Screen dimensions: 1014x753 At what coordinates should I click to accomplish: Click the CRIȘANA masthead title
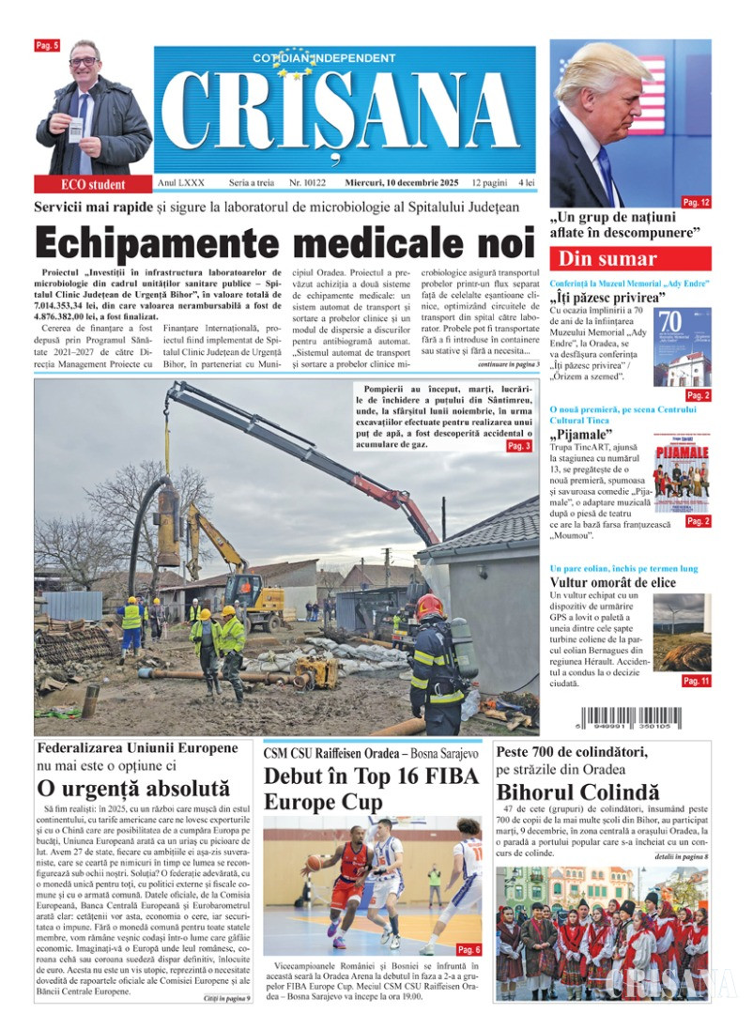pos(346,115)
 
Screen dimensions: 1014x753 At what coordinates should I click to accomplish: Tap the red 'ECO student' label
pos(93,184)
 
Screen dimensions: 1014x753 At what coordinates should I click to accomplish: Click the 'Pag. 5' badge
pos(47,46)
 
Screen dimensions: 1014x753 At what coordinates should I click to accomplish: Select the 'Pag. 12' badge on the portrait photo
pos(696,202)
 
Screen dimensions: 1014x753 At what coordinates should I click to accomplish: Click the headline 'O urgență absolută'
pos(132,789)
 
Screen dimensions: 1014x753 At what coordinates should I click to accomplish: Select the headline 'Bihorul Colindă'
pos(577,791)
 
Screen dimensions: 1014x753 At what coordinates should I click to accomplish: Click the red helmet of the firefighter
pos(430,606)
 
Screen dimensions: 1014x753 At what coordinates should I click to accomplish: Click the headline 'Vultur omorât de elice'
pos(607,582)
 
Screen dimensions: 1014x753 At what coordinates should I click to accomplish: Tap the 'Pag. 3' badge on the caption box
pos(518,446)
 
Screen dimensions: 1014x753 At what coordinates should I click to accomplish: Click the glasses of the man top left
pos(84,61)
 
